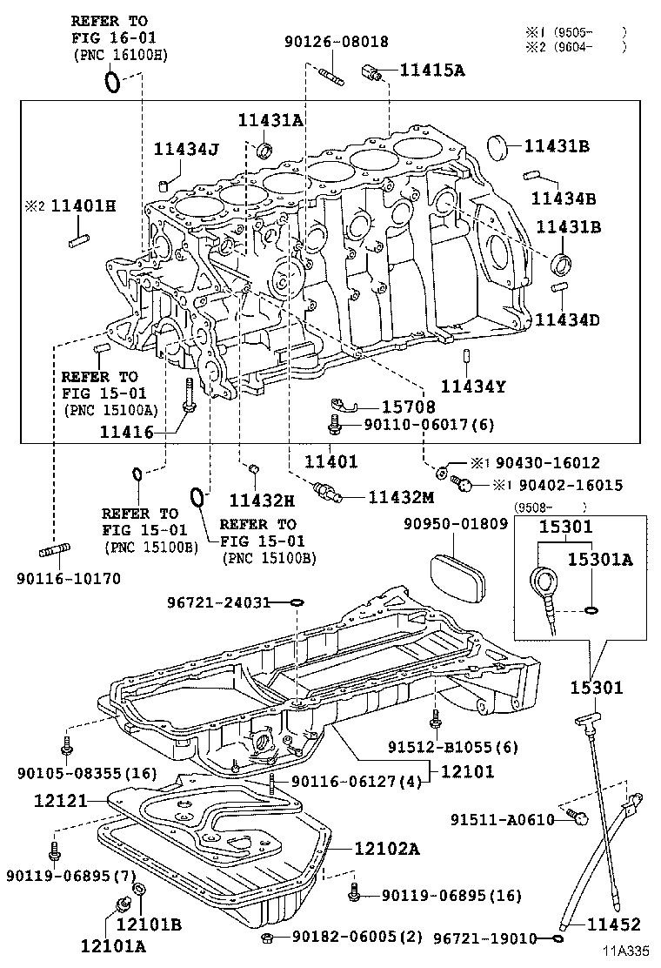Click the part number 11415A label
(431, 71)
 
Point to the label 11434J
(186, 149)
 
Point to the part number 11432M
(400, 496)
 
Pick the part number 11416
(126, 431)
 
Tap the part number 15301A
(600, 559)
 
